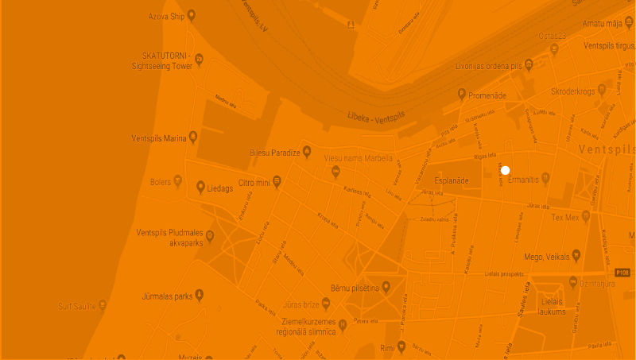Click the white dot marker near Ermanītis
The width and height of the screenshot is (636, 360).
505,170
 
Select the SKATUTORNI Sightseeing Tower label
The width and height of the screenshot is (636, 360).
167,62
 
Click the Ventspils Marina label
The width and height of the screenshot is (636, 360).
159,138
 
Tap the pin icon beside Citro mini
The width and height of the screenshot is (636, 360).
277,182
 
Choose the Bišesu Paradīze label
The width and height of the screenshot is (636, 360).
274,152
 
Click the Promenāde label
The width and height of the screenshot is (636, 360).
487,95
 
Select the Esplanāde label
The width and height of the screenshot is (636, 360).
450,181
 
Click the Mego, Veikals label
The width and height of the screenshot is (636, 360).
547,257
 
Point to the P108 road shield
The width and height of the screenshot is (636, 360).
622,273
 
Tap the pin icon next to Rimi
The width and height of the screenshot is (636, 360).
402,346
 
